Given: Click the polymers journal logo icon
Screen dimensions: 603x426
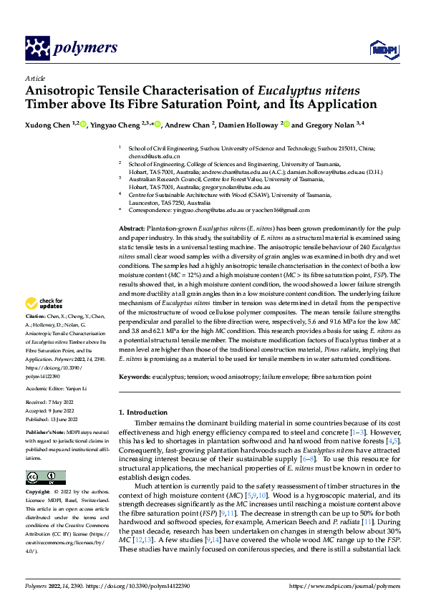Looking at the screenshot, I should point(37,48).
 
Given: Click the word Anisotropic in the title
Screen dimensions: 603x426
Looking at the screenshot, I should point(60,91).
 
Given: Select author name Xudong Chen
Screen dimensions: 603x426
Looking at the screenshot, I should point(47,125).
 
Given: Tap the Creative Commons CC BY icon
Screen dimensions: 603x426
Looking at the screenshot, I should point(45,477).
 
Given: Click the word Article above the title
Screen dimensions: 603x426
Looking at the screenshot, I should point(34,78).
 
